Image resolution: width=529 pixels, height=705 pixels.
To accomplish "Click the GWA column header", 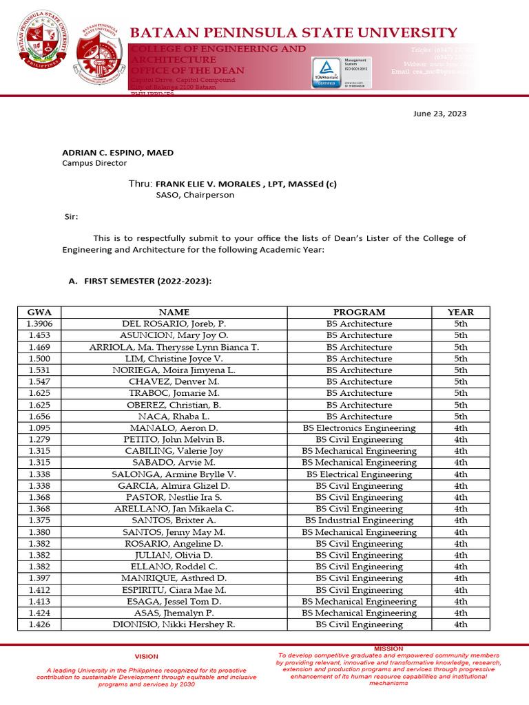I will (x=40, y=312).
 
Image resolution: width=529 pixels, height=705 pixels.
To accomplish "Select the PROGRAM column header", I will (x=359, y=312).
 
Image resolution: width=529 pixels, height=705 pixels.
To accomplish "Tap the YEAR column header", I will (x=461, y=312).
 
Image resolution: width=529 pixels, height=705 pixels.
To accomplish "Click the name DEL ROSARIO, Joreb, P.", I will (x=174, y=324).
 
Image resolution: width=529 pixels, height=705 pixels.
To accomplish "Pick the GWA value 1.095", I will (x=40, y=428).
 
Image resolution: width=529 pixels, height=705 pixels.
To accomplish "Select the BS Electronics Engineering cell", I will (x=359, y=428).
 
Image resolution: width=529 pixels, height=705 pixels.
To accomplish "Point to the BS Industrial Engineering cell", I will (x=359, y=520).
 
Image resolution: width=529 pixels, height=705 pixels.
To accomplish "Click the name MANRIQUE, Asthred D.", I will (x=174, y=578).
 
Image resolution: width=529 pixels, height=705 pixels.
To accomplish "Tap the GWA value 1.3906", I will (x=40, y=324).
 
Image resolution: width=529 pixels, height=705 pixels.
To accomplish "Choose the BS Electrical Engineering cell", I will (x=359, y=474).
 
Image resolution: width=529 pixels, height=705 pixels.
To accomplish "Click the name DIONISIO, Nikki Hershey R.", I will (x=174, y=624).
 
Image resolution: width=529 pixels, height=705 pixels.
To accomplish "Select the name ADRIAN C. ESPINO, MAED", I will (x=118, y=152).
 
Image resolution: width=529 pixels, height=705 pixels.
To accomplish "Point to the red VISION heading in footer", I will (x=146, y=656).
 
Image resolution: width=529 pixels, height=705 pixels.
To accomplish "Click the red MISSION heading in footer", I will (x=388, y=649).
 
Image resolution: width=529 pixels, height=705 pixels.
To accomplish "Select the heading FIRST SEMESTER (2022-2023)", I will (x=141, y=282).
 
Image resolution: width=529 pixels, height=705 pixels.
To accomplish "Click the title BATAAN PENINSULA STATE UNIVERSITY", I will (x=293, y=32).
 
